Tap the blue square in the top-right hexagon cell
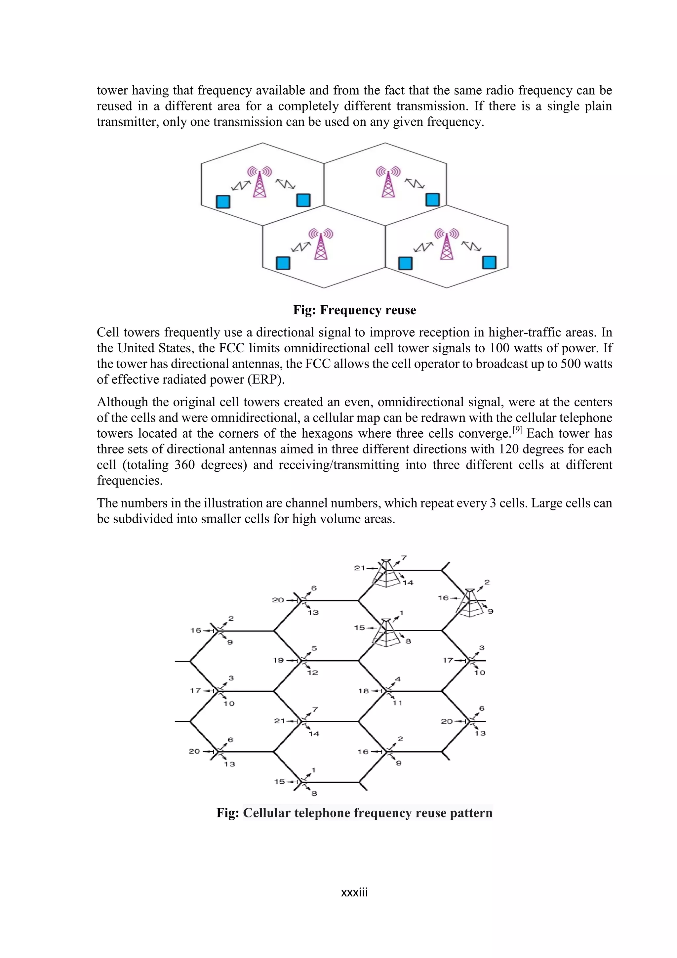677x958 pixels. click(x=432, y=200)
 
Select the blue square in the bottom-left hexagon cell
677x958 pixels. click(x=283, y=263)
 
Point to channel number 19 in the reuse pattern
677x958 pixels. click(x=278, y=660)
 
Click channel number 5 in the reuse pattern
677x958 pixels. click(x=314, y=648)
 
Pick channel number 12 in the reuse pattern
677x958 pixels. click(x=313, y=672)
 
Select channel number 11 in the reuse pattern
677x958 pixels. click(x=397, y=703)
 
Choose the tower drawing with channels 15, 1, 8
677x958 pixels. click(x=386, y=632)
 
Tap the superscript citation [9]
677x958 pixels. click(x=517, y=429)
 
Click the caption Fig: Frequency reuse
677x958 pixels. click(x=354, y=310)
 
